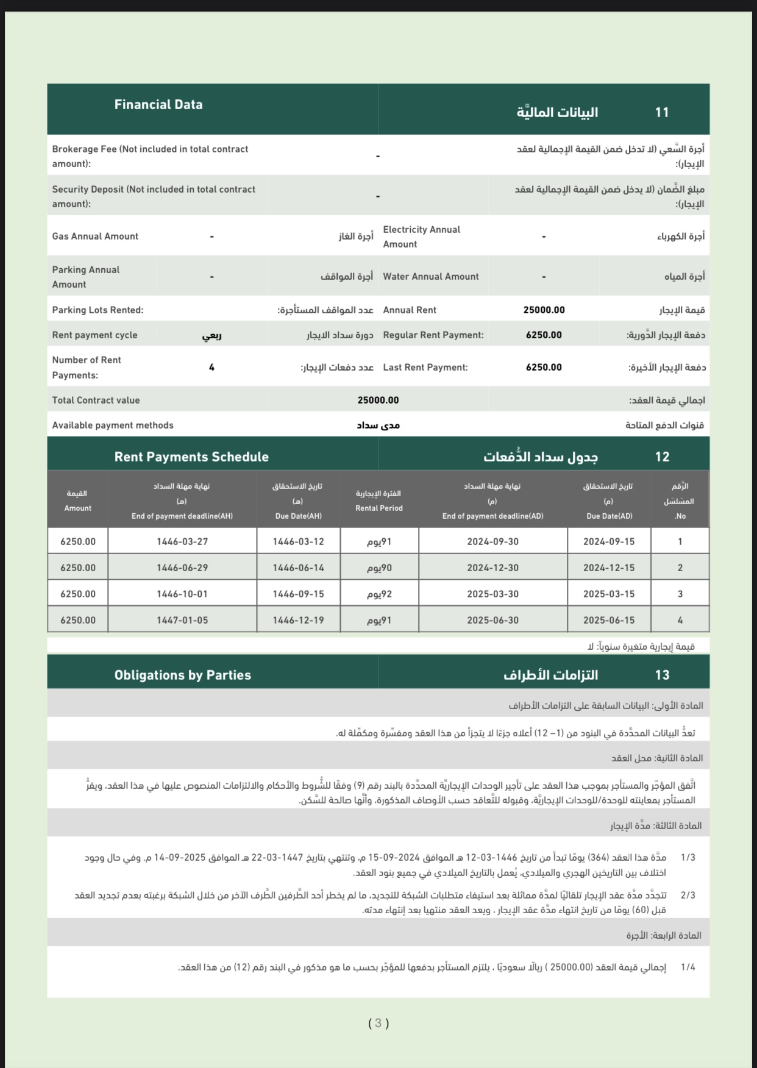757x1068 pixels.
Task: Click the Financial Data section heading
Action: [x=158, y=105]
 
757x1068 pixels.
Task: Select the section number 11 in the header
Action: [x=662, y=112]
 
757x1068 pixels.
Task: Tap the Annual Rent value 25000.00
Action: [x=544, y=310]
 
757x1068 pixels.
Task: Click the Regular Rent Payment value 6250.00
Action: [x=544, y=335]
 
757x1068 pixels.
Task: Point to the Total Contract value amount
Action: [x=378, y=400]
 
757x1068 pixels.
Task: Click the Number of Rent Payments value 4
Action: [x=211, y=368]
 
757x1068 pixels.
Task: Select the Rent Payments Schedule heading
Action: [x=191, y=457]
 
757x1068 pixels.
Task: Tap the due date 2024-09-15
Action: [x=608, y=541]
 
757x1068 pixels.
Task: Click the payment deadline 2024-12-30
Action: [x=492, y=568]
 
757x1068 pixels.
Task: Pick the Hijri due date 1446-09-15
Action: [x=298, y=594]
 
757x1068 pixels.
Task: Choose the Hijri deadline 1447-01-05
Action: [x=182, y=620]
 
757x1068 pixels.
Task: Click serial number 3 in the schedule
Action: [x=680, y=594]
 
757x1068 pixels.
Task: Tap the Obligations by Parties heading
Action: [x=183, y=675]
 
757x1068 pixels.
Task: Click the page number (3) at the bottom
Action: [x=378, y=1023]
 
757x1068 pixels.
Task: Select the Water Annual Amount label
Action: [x=431, y=277]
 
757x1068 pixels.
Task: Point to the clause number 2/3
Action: [x=688, y=895]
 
